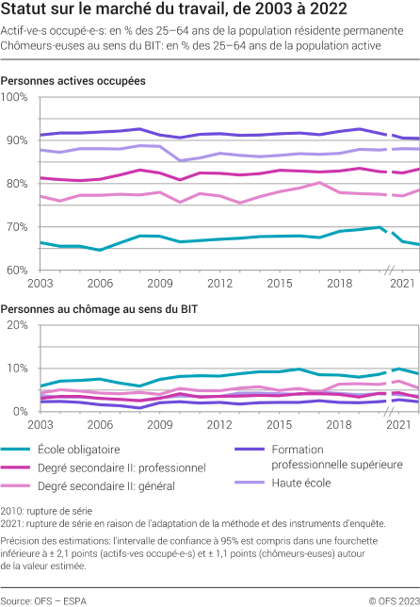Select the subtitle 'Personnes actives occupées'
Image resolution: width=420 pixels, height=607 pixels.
pos(73,81)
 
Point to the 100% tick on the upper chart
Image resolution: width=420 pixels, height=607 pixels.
pos(15,98)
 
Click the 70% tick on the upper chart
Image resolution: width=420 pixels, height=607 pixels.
pos(15,227)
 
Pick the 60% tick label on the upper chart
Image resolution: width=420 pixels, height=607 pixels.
pos(15,270)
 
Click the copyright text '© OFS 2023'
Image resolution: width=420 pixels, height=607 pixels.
pos(394,599)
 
